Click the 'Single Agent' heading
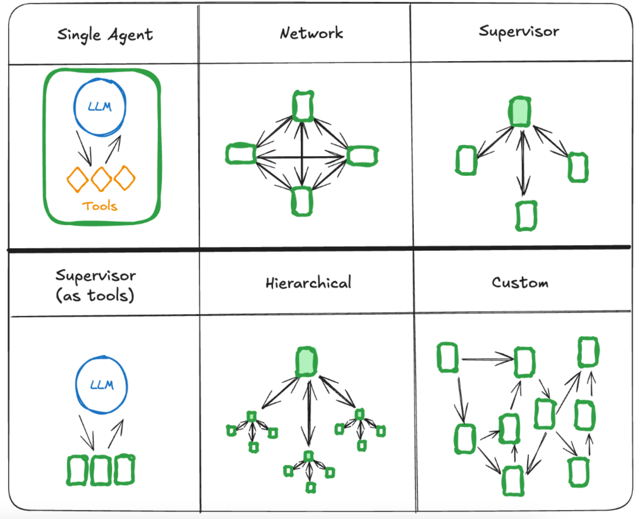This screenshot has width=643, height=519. (105, 35)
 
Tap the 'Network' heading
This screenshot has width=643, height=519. (311, 33)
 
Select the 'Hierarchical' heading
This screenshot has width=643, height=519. (308, 283)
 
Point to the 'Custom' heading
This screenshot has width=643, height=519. (520, 282)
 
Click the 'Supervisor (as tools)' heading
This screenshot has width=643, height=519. (96, 285)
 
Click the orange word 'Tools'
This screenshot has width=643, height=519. (100, 206)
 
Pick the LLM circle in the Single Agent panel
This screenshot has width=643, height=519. (100, 107)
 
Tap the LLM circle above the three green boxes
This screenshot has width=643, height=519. (102, 385)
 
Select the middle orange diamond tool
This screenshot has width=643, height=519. (101, 179)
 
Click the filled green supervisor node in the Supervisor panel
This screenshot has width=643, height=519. (520, 112)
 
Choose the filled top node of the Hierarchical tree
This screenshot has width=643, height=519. (306, 362)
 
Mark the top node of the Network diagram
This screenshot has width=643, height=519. (303, 106)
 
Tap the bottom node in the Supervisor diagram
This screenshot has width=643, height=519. (526, 216)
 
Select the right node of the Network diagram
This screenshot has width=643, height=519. (362, 156)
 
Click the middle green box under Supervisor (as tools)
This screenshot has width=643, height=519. (101, 470)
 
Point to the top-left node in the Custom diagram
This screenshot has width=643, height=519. (447, 358)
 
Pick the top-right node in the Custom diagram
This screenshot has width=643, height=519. (588, 352)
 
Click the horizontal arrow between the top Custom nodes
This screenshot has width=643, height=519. (487, 359)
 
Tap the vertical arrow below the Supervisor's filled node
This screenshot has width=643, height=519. (523, 163)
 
